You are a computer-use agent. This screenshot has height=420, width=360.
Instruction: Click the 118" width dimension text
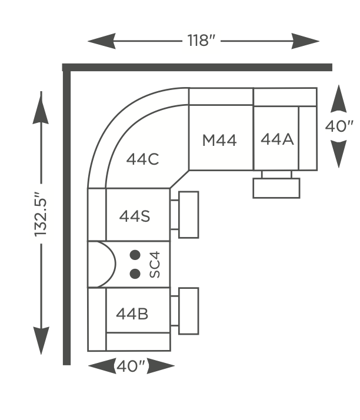point(201,41)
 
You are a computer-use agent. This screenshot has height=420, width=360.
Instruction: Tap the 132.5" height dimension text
point(41,214)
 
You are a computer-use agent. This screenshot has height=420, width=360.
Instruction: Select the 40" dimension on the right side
point(339,126)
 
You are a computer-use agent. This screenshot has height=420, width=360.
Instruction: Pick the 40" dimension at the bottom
point(131,366)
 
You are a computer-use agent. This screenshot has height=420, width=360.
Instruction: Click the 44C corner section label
point(142,159)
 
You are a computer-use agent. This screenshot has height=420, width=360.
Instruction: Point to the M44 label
point(219,140)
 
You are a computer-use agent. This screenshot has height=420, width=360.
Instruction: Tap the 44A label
point(277,139)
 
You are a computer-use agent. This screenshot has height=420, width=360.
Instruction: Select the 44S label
point(135,216)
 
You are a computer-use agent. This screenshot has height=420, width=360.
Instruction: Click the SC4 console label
point(155,264)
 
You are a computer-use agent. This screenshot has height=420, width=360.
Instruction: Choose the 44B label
point(132,314)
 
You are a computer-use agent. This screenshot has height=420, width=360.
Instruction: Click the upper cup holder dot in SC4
point(135,255)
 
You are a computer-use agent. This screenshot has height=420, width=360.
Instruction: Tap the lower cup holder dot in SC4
point(135,274)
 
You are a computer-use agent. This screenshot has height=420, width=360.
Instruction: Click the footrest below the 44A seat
point(276,188)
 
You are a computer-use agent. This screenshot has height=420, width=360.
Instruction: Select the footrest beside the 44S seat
point(189,215)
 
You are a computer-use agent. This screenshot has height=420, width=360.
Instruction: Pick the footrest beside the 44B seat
point(189,311)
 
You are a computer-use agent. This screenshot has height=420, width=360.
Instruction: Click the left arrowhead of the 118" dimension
point(101,41)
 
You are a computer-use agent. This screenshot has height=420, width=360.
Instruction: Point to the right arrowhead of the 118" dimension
point(305,41)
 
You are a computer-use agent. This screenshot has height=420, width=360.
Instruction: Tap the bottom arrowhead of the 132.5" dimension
point(41,341)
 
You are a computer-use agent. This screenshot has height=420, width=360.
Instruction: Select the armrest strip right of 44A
point(308,138)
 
